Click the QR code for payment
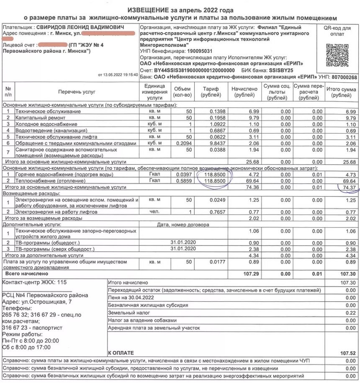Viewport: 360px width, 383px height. (x=337, y=53)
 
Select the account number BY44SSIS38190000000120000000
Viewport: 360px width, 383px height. (x=194, y=70)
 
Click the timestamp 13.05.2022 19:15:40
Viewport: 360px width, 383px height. (x=118, y=75)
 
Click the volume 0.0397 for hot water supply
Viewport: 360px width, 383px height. (x=183, y=174)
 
